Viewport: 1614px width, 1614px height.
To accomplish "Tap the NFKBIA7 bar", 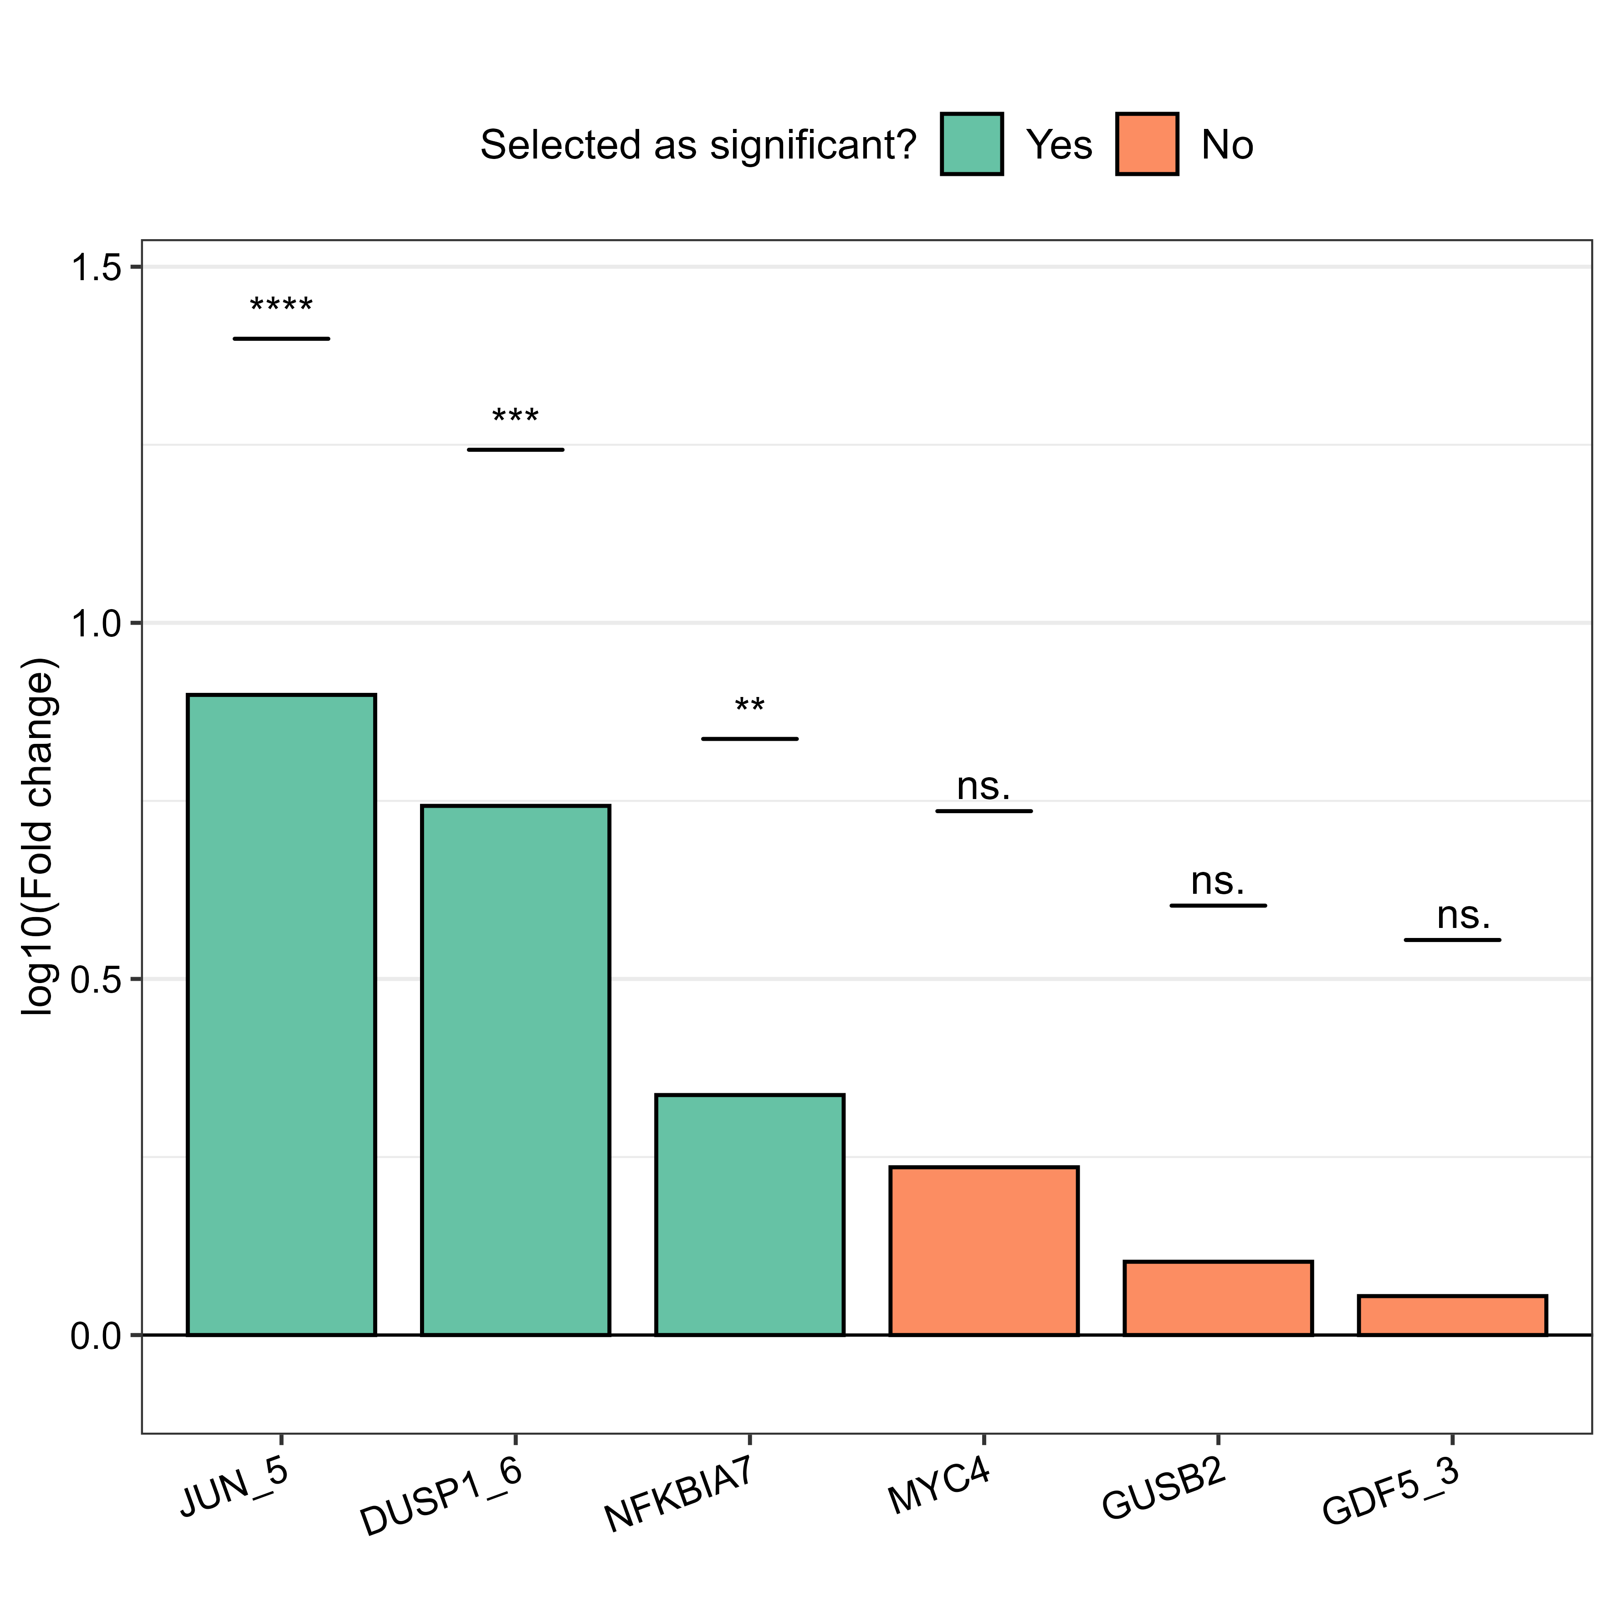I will point(749,1214).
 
